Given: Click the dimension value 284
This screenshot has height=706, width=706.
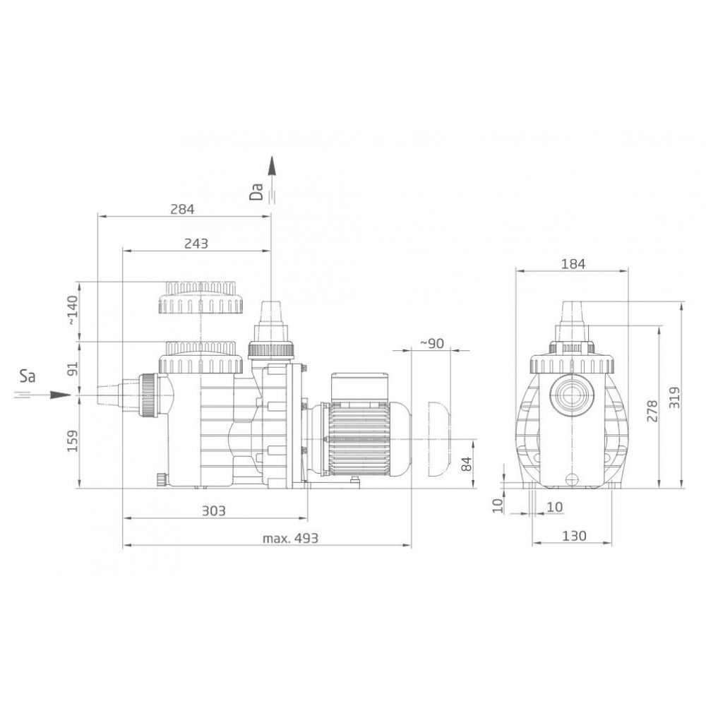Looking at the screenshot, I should (181, 209).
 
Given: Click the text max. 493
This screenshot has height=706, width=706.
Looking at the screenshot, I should (290, 538).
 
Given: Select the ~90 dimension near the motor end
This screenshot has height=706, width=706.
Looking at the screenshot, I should (431, 343).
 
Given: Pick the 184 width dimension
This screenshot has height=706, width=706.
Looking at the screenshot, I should (573, 264).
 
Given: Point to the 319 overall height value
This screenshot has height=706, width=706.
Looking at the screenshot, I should (674, 397).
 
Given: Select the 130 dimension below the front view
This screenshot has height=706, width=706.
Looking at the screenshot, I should (574, 536).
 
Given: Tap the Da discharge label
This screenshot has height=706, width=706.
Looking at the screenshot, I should (258, 191).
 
